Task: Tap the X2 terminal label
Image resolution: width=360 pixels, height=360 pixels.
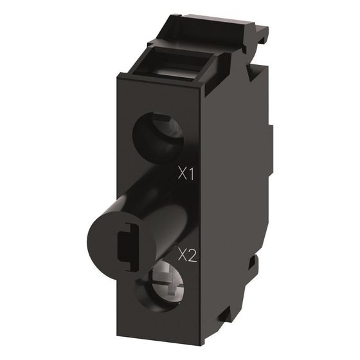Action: (x=187, y=256)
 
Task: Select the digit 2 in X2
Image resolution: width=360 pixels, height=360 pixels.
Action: (x=192, y=256)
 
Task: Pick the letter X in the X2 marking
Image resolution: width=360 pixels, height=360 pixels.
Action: (x=183, y=256)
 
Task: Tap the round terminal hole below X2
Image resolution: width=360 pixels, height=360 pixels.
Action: (x=160, y=286)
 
